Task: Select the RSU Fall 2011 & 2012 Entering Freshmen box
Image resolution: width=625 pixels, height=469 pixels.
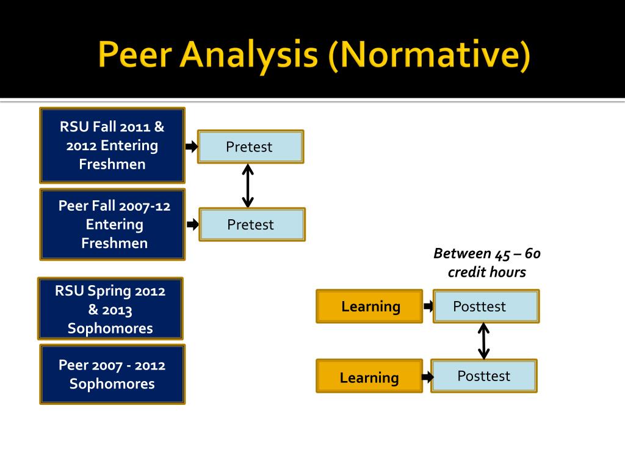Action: [112, 145]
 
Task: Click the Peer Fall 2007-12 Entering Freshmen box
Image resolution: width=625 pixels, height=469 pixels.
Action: [113, 224]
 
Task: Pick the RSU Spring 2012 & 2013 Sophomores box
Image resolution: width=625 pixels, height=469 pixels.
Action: [110, 309]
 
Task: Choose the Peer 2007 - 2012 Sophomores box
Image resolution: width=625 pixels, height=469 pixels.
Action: [112, 374]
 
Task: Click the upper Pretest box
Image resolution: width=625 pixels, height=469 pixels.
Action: [250, 147]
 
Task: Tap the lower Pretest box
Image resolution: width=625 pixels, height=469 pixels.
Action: [251, 224]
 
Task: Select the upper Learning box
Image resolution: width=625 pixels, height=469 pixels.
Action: [369, 307]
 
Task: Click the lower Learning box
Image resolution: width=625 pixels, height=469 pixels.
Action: [369, 377]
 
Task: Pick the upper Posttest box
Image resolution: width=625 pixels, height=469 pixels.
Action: [486, 307]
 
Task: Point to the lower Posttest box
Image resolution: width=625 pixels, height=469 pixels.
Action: [483, 376]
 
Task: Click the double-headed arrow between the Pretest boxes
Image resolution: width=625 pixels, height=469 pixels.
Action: [247, 185]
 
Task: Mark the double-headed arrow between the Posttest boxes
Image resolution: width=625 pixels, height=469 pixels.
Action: [484, 341]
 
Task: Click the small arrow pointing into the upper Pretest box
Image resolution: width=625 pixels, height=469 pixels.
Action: [192, 147]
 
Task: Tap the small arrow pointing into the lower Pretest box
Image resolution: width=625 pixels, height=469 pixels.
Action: [193, 225]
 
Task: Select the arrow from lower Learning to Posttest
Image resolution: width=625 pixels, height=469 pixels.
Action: [428, 377]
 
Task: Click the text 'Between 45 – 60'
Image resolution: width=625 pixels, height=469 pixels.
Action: [487, 253]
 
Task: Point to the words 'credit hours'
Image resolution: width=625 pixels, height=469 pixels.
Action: [486, 272]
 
